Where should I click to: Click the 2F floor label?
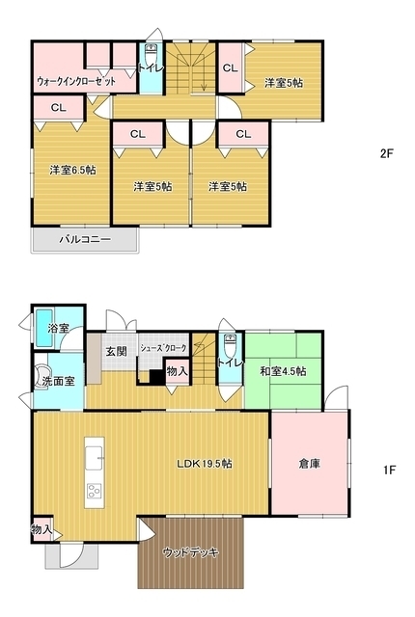point(387,152)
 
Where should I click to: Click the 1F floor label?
point(389,470)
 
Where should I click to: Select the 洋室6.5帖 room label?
point(72,171)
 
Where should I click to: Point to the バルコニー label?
point(85,238)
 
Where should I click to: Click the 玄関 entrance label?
point(117,351)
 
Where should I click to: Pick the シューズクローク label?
point(164,346)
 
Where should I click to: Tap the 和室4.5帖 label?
point(283,371)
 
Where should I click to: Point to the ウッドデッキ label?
point(191,552)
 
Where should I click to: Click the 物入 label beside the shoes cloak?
point(177,371)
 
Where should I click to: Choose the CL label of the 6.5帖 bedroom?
point(58,108)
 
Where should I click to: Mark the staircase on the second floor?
point(192,67)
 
